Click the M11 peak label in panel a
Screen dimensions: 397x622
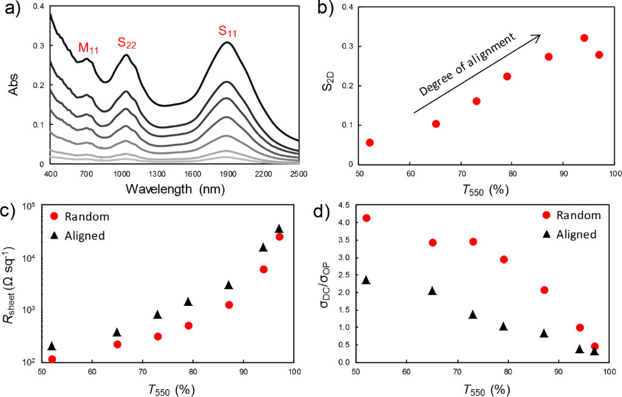coord(88,48)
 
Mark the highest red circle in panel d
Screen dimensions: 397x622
coord(366,218)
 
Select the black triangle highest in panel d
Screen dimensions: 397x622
coord(366,280)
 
